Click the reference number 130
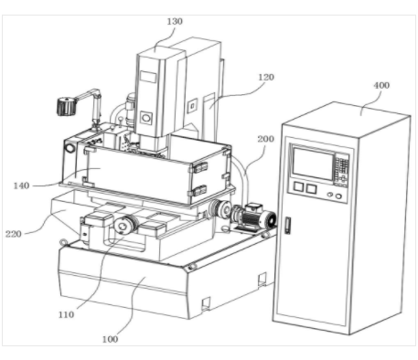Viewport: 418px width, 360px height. tap(175, 22)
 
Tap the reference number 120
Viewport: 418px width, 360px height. tap(266, 78)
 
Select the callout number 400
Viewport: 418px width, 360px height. tap(381, 85)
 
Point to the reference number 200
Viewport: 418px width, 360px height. tap(265, 139)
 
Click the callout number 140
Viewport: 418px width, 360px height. tap(21, 185)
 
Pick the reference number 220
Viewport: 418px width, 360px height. tap(14, 234)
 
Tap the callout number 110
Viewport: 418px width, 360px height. tap(66, 314)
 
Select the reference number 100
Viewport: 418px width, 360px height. tap(110, 339)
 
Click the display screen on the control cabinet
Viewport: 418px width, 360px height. tap(313, 164)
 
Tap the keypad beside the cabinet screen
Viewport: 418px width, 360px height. tap(342, 169)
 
